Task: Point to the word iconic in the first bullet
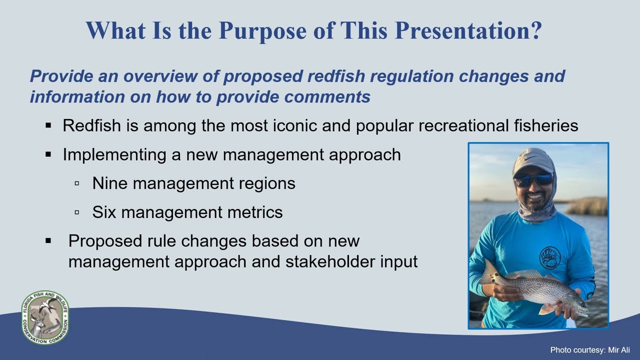coord(295,125)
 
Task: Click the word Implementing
coord(114,155)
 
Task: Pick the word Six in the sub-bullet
coord(104,212)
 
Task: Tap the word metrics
coord(255,212)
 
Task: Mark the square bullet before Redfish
coord(48,125)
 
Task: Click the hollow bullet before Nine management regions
coord(76,183)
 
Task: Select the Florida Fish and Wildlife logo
coord(45,317)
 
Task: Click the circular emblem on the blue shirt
coord(549,258)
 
